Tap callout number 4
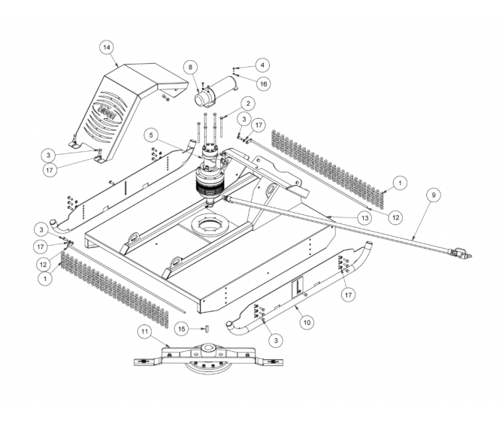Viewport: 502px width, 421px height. tap(262, 65)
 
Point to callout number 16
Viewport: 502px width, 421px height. tap(263, 82)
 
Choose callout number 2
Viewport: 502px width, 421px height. tap(246, 102)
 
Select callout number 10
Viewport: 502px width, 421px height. tap(307, 321)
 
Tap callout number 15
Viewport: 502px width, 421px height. tap(181, 328)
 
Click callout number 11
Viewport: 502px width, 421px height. tap(144, 331)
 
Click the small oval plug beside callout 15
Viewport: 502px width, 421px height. tap(202, 328)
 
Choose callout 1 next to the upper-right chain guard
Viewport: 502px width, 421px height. tap(400, 182)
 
